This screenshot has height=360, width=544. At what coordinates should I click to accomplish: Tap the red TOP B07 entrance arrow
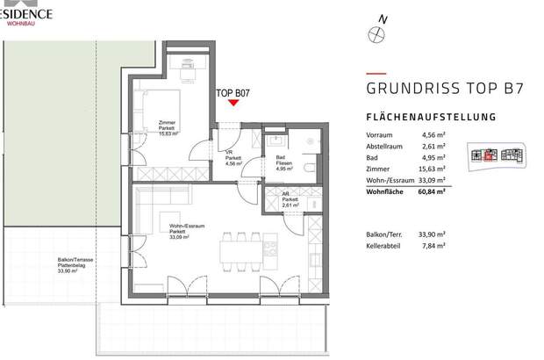point(233,103)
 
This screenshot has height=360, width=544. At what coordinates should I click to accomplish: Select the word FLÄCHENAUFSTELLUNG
point(431,117)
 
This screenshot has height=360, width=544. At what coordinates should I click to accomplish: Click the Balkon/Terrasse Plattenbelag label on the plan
point(69,265)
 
